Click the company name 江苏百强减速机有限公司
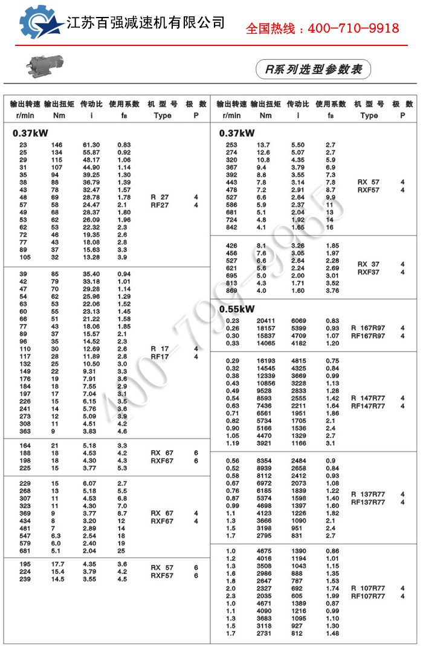[146, 23]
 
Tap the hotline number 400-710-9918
[354, 28]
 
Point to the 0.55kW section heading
[237, 309]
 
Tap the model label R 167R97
[368, 328]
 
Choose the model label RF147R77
[368, 406]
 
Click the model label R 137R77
[368, 494]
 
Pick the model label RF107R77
[368, 596]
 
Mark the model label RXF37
[368, 272]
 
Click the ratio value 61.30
[91, 145]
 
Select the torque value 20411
[267, 321]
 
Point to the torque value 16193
[267, 361]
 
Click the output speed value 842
[231, 227]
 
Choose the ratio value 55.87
[91, 152]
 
